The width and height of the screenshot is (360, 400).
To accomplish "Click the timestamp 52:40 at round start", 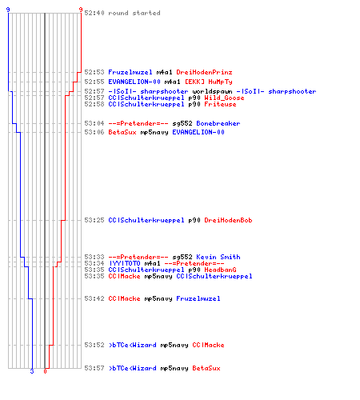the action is click(x=94, y=13).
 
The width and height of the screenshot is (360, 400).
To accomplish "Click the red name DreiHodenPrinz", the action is click(x=204, y=72).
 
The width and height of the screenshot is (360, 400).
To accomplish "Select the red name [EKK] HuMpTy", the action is click(x=209, y=82).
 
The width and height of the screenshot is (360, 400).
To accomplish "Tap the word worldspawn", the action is click(x=212, y=91).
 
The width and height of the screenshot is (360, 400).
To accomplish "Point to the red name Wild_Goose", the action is click(x=224, y=98).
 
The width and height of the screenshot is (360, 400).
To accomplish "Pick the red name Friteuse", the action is click(x=220, y=104).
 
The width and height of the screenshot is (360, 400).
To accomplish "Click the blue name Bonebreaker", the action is click(x=218, y=123).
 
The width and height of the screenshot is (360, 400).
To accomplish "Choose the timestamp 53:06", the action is click(x=94, y=132).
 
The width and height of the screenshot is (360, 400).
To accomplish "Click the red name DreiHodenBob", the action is click(x=228, y=220).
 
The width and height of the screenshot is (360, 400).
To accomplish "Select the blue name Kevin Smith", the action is click(x=218, y=257).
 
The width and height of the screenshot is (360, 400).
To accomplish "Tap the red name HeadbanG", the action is click(x=220, y=270).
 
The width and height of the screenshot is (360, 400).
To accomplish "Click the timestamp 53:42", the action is click(x=94, y=298).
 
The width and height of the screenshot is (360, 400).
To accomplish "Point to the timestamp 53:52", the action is click(x=94, y=345).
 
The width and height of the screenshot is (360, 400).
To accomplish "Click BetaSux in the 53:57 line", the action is click(x=206, y=368).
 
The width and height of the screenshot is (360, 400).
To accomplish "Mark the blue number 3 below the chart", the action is click(x=32, y=371).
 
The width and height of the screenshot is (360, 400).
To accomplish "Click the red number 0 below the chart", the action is click(x=45, y=371).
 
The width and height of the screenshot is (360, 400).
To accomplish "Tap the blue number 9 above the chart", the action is click(x=8, y=10).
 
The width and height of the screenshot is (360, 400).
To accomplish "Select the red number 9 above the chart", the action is click(x=81, y=10).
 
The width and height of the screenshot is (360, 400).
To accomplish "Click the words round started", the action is click(x=134, y=13).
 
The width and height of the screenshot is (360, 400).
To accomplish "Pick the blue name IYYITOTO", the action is click(x=125, y=263).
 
